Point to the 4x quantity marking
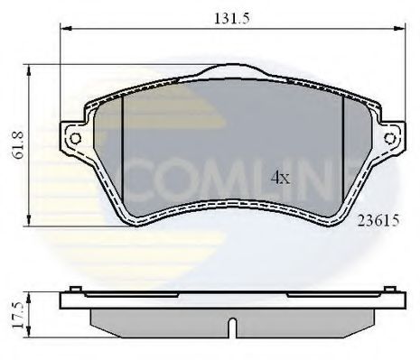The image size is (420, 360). (x=281, y=178)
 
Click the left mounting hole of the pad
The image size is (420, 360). (x=75, y=138)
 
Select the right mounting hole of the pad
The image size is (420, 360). (x=390, y=138)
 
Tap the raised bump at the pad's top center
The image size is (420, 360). (x=233, y=70)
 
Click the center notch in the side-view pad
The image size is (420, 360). (x=233, y=326)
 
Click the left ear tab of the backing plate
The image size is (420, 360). (x=73, y=137)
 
